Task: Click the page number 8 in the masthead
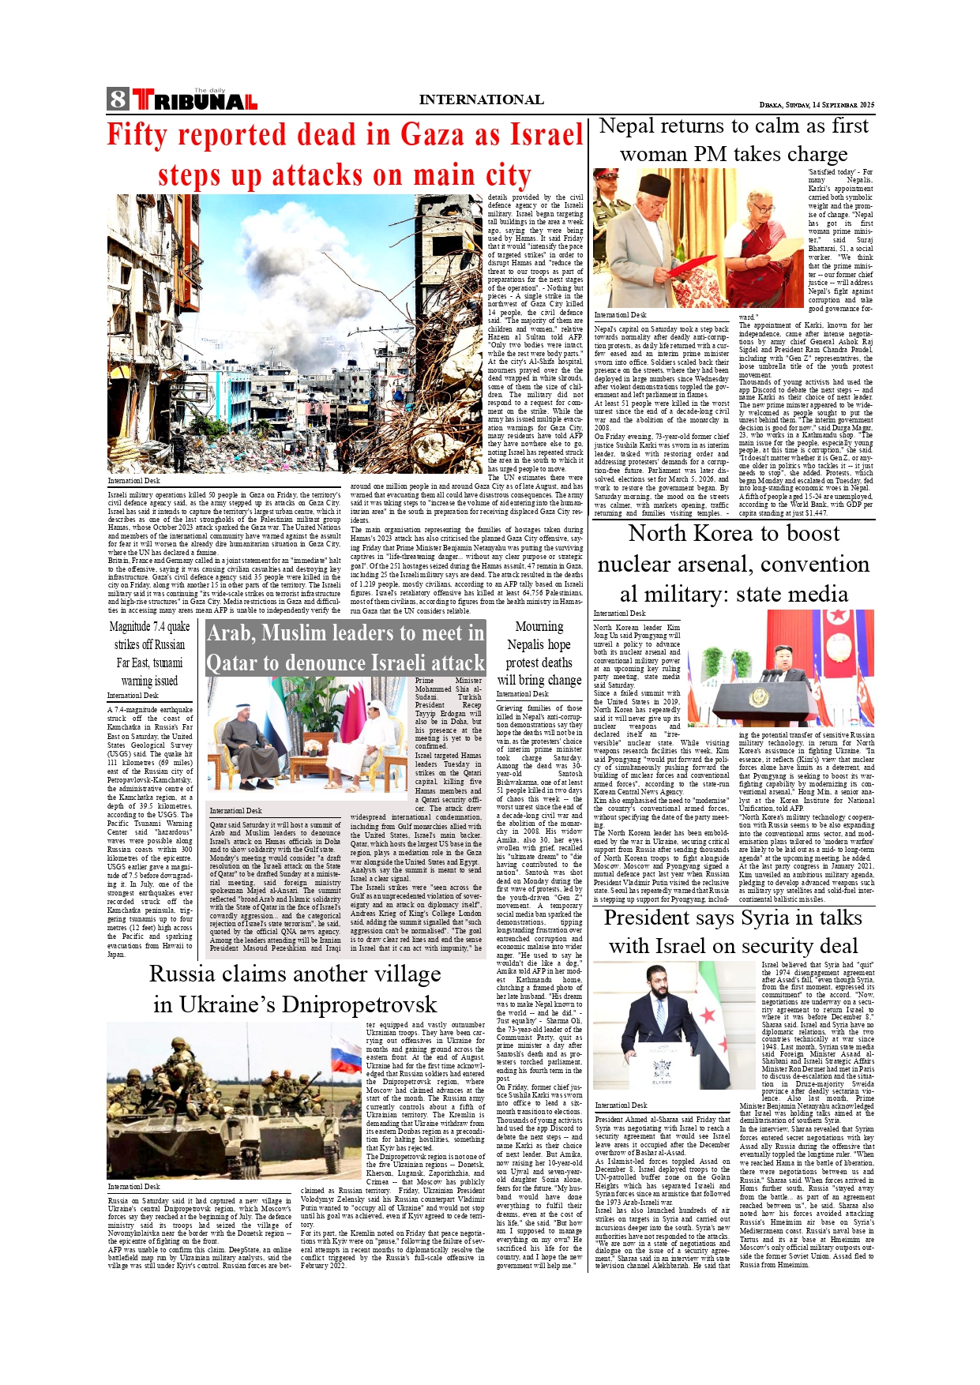118,99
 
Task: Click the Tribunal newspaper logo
194,100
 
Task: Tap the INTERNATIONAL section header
481,99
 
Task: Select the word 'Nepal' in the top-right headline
627,126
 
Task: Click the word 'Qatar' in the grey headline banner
235,663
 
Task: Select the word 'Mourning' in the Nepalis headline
539,627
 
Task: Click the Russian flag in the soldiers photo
346,1056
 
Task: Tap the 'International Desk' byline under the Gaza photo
133,480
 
